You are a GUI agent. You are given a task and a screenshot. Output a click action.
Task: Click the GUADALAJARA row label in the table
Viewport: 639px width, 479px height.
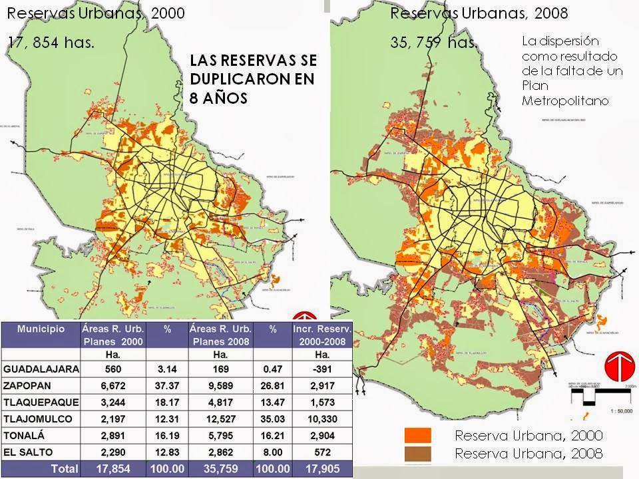(41, 369)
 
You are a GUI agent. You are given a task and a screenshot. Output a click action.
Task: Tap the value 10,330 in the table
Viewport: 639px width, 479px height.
(316, 419)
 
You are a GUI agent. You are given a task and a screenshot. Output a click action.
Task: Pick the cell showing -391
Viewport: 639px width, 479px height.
(316, 369)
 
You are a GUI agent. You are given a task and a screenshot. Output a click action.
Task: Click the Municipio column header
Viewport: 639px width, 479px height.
(41, 329)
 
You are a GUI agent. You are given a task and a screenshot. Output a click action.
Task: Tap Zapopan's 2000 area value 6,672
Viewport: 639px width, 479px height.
(112, 385)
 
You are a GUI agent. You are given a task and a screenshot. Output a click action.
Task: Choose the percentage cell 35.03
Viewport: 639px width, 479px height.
(272, 419)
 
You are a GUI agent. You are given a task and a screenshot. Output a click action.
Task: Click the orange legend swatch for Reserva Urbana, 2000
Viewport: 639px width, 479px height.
(418, 436)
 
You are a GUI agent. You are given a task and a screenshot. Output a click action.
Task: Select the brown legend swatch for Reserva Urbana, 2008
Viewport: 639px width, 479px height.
(418, 454)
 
